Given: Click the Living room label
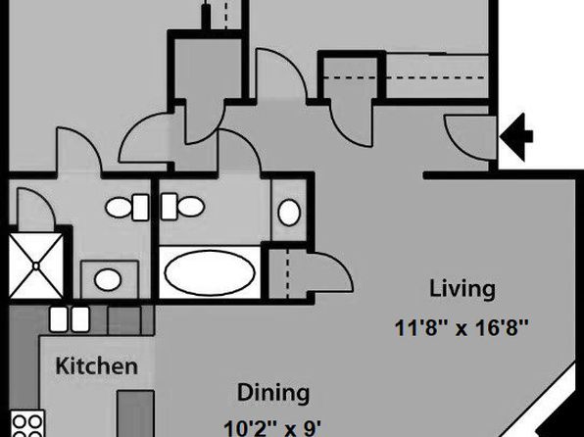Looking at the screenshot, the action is [x=462, y=289].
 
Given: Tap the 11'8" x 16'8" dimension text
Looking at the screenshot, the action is [x=462, y=328].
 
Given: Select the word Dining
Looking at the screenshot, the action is [x=273, y=393].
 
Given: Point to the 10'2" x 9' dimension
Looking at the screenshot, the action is [x=272, y=428].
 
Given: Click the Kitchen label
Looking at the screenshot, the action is [x=97, y=365].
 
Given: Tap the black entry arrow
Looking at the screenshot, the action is [x=516, y=137].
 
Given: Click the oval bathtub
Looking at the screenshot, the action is [x=210, y=272].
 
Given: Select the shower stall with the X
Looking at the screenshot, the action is [x=35, y=266].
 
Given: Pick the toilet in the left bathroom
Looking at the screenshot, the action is [x=127, y=208].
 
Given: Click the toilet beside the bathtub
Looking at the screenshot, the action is [x=182, y=207].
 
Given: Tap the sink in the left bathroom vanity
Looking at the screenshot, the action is [x=108, y=279].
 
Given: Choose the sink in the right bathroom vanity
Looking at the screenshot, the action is [x=289, y=213].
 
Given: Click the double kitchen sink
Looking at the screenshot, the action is [x=70, y=319].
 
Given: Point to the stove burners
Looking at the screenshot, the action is [x=26, y=423].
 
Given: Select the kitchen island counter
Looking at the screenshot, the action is [x=135, y=413].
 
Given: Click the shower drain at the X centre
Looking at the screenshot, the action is [x=35, y=266].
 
